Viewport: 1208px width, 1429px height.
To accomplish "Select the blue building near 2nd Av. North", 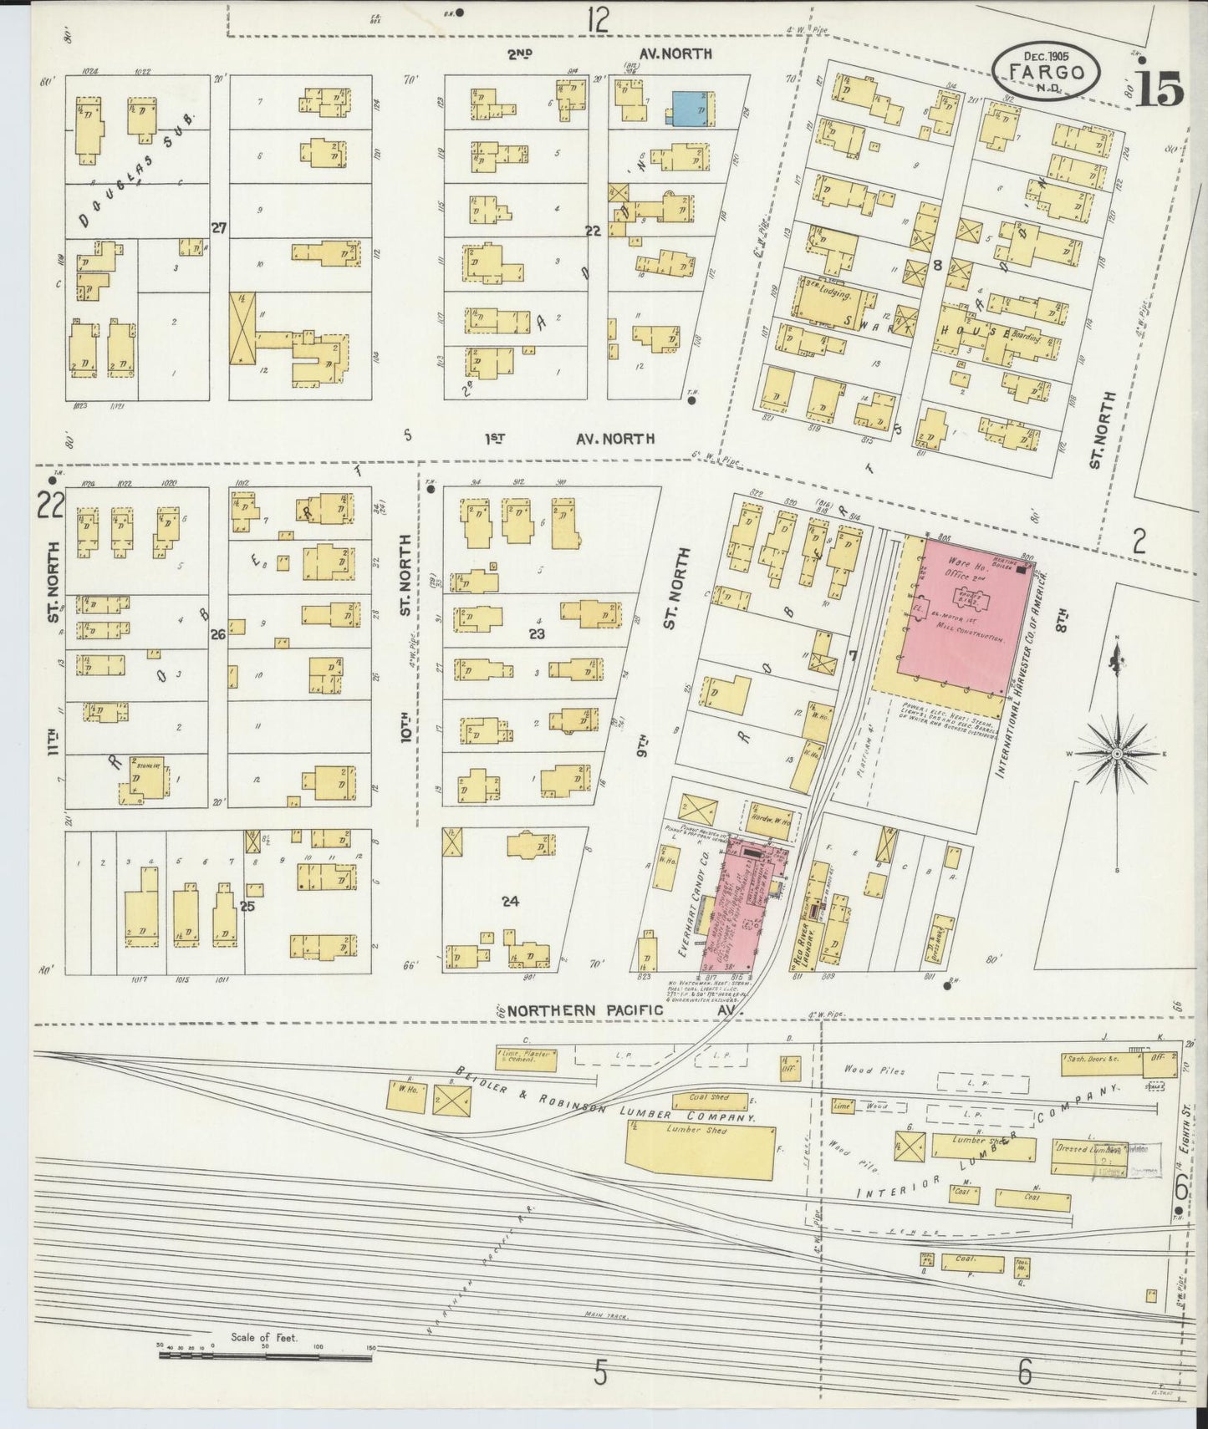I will pos(693,109).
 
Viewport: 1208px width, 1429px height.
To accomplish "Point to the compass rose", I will pos(1116,754).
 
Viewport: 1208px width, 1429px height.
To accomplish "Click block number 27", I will pos(219,227).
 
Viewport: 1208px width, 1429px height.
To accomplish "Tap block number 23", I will pos(536,633).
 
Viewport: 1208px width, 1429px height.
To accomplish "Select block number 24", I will pos(510,901).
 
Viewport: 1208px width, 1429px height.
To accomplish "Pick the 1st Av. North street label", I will pos(568,437).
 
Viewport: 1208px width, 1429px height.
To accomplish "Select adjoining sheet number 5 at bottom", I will pos(599,1372).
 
